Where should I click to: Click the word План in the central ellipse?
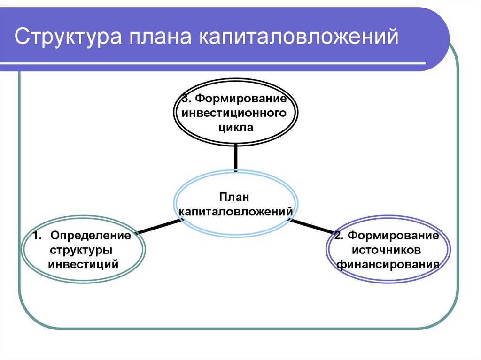coord(236,198)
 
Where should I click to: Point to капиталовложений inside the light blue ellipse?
coord(236,212)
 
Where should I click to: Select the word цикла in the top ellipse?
coord(236,127)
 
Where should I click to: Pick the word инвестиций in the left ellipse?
coord(83,264)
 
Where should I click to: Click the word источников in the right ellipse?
coord(388,249)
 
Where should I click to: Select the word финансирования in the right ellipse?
coord(388,264)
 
